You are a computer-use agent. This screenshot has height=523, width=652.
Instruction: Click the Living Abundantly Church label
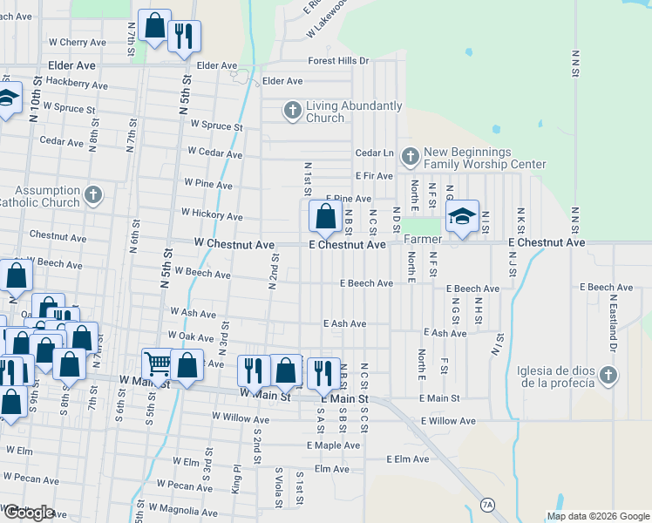(354, 112)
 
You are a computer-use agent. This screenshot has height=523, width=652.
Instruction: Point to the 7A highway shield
(488, 505)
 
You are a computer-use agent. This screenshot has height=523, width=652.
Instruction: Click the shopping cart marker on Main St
(158, 364)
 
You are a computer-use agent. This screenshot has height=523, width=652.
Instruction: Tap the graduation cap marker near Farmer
(463, 216)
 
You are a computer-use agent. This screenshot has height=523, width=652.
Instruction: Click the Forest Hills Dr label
(339, 61)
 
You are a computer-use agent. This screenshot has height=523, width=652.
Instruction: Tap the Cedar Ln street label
(375, 153)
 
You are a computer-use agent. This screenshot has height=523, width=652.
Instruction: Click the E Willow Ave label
(448, 421)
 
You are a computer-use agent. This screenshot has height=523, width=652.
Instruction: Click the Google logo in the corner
(28, 513)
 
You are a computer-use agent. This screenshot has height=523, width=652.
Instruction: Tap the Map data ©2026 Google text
(598, 516)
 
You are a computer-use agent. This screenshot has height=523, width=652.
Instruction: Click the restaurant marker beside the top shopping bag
(184, 37)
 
